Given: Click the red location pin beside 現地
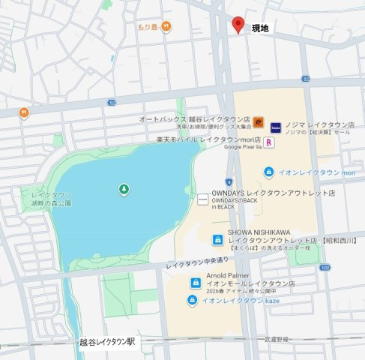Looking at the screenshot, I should (238, 25).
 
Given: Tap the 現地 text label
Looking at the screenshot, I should (261, 28).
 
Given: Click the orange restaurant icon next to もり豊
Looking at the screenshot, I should (166, 27).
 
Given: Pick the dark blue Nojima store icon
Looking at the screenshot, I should (276, 127).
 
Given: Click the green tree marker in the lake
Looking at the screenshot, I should (124, 189).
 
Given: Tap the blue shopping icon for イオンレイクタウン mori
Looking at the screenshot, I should (268, 172).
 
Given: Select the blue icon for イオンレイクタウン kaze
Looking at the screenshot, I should (193, 301).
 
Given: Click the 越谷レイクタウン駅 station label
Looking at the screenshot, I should (108, 341).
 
